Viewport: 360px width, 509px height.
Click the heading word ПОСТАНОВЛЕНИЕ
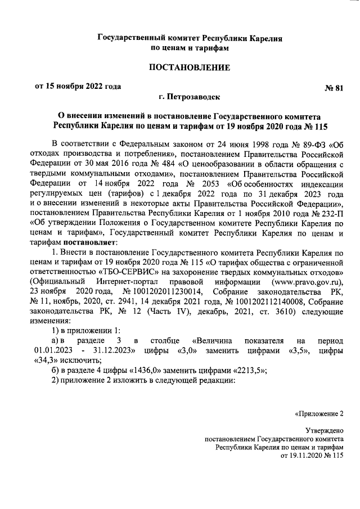(190, 68)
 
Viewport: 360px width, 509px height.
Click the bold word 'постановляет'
(98, 242)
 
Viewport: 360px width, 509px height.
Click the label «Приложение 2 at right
(319, 415)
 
